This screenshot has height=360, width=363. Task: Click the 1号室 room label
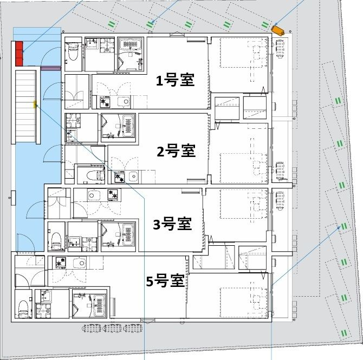[x=175, y=81]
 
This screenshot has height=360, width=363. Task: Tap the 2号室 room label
[x=176, y=151]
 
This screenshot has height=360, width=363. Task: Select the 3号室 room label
[x=172, y=223]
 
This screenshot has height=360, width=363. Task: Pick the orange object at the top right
[x=278, y=30]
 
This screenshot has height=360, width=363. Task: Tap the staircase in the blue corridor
[x=26, y=106]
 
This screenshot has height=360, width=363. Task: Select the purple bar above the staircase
[x=49, y=69]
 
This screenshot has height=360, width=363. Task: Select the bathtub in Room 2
[x=127, y=128]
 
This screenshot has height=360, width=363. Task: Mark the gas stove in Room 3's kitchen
[x=114, y=194]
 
